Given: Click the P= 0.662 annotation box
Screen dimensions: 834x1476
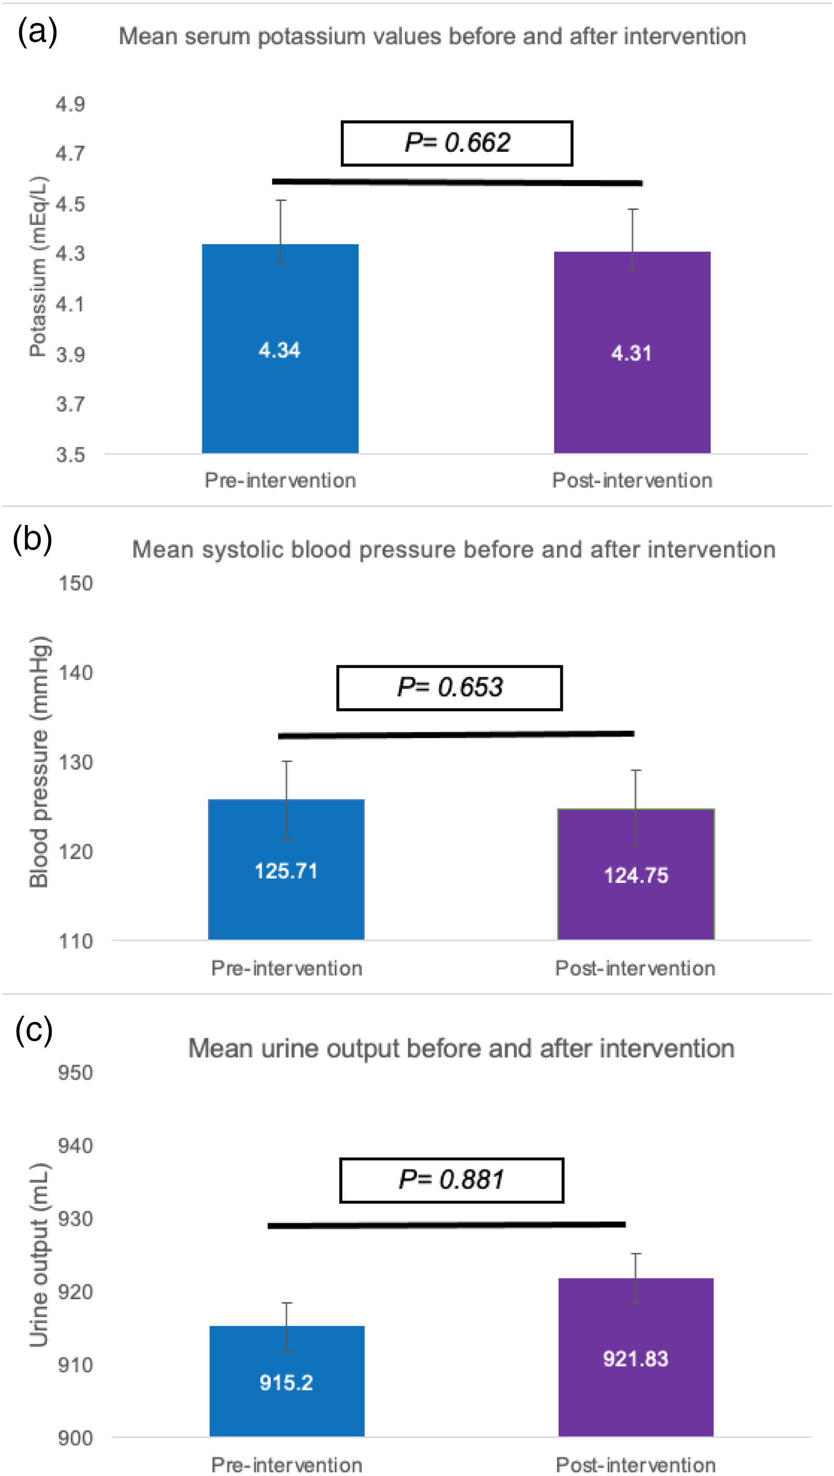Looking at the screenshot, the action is click(457, 143).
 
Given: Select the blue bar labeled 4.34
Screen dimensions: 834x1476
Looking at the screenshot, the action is click(280, 348).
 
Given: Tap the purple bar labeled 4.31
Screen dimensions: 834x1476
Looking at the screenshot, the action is click(632, 352).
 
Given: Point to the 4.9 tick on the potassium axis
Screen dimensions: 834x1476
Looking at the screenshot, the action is click(70, 104).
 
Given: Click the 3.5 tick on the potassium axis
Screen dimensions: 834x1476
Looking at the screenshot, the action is click(70, 454).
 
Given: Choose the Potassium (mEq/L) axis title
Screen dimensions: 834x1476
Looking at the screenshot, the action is click(38, 266).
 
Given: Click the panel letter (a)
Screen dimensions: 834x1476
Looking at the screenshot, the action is click(37, 31).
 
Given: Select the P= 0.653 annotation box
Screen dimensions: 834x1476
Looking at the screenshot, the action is click(450, 688).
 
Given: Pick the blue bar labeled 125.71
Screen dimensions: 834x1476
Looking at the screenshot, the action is click(286, 869).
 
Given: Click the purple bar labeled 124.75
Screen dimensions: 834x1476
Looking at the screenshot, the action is click(636, 874).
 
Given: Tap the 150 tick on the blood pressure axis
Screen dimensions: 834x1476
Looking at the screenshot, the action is click(76, 583).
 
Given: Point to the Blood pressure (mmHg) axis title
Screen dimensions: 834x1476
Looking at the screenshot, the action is click(39, 762).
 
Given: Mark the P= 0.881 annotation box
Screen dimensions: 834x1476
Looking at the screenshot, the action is click(452, 1180).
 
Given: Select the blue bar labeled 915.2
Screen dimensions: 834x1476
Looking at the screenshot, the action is click(287, 1381).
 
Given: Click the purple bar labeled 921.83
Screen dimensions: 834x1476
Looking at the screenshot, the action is click(636, 1357).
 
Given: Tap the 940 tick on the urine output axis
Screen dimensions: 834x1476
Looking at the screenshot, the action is click(75, 1146).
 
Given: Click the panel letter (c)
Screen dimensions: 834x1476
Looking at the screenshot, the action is click(34, 1030).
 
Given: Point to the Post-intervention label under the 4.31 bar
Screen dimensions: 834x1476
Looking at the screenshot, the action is click(632, 480).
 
